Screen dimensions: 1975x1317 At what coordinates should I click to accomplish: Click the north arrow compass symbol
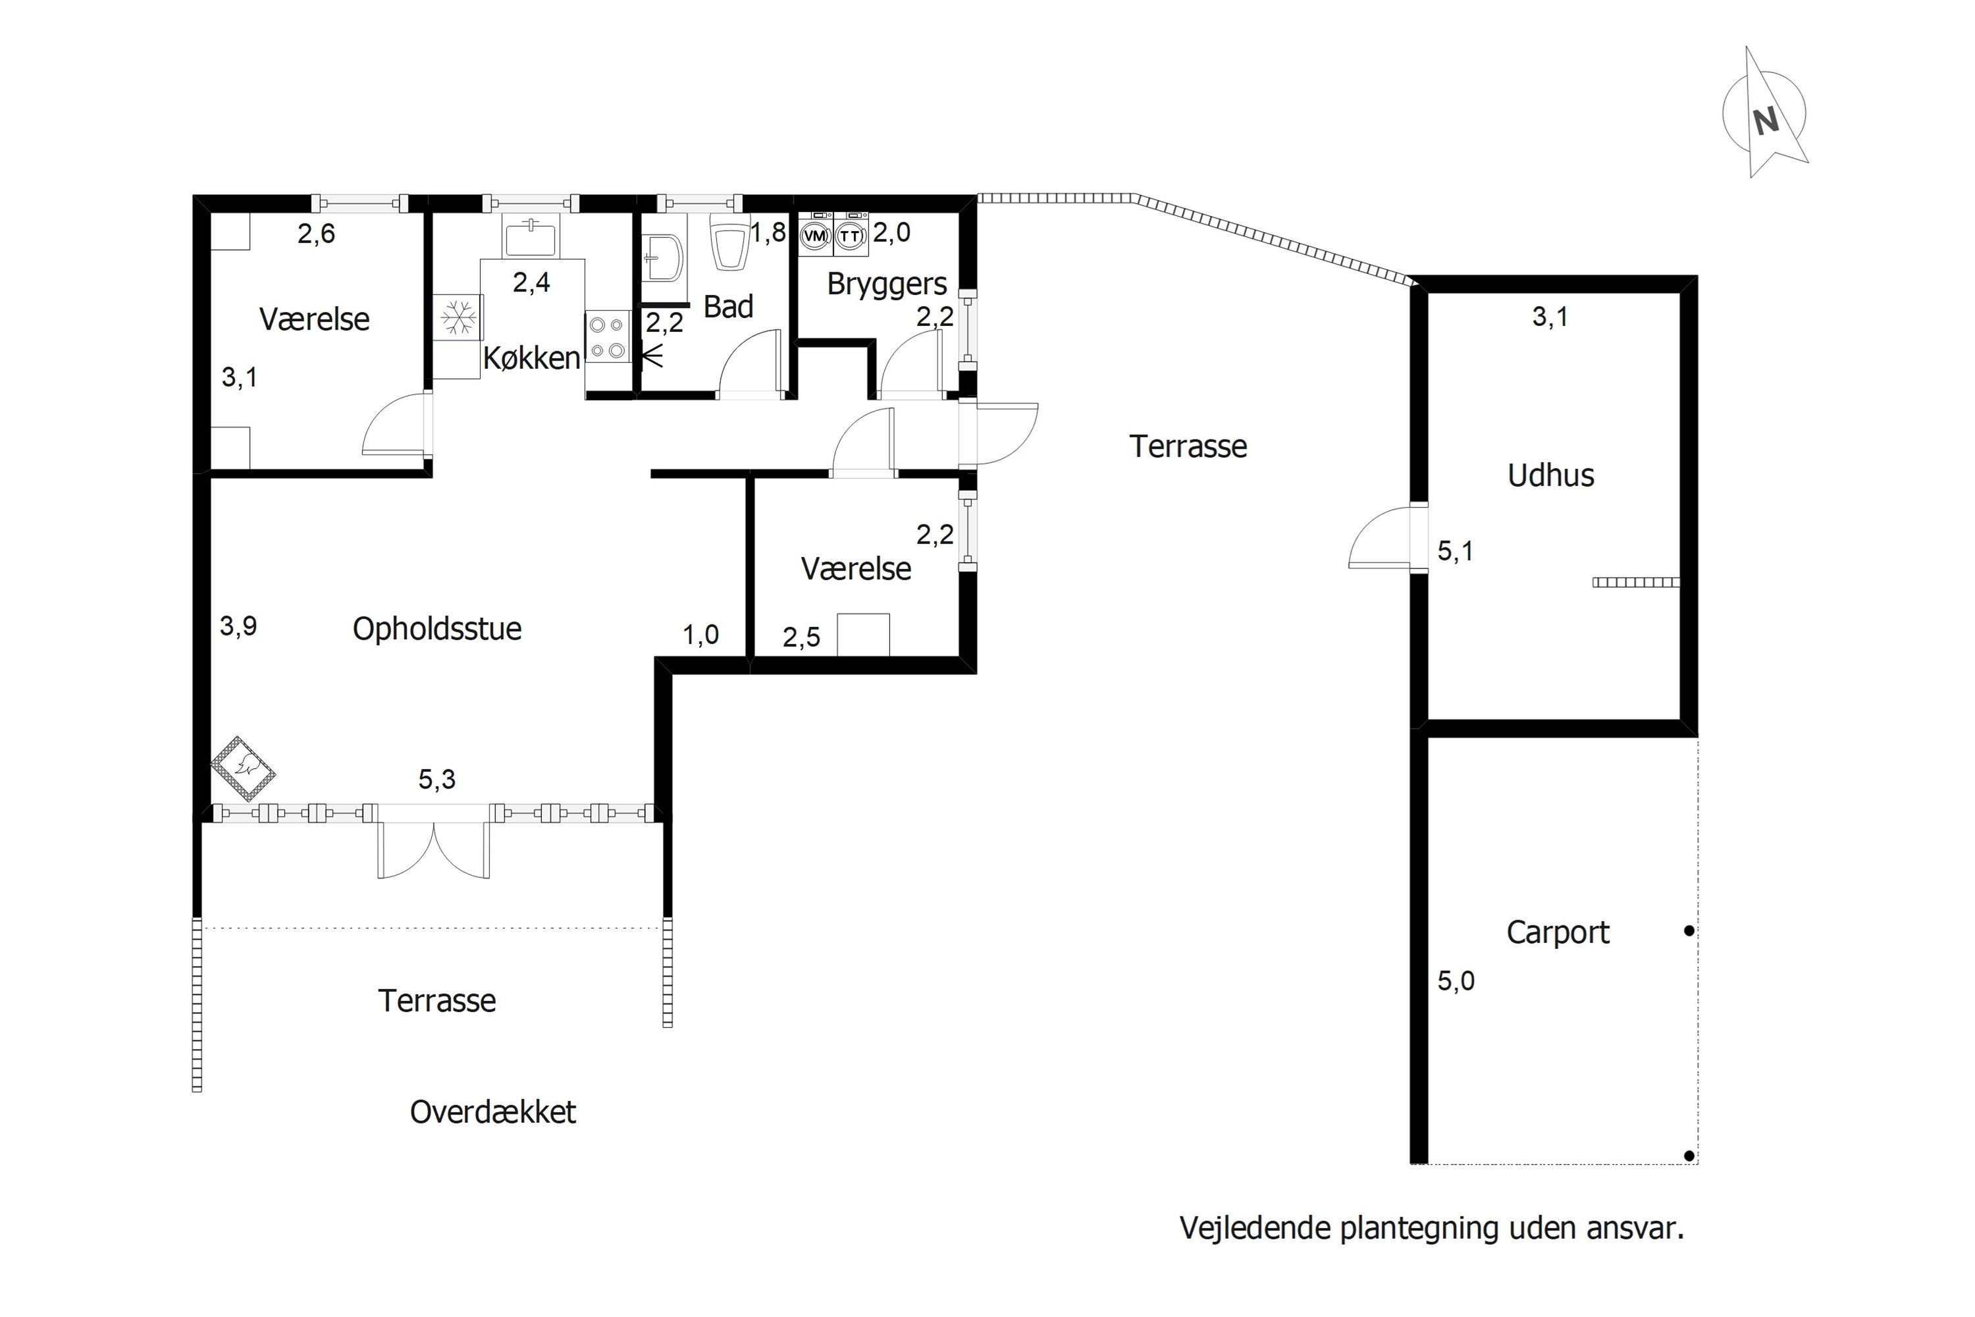click(1764, 113)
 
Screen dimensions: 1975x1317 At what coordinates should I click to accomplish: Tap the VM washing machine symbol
click(814, 234)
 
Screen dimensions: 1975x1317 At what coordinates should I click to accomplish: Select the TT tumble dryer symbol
click(851, 234)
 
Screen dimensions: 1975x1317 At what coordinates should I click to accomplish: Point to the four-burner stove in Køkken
click(608, 336)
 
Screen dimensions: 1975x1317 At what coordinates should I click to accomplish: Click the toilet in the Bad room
click(729, 241)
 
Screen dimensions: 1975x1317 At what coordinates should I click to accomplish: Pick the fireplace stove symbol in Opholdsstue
click(244, 768)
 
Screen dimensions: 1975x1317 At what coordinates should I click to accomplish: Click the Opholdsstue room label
click(436, 629)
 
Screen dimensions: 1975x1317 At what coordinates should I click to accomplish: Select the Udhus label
click(1550, 475)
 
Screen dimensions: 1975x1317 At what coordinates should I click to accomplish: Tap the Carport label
click(1558, 933)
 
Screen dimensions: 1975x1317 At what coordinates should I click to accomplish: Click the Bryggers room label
click(887, 284)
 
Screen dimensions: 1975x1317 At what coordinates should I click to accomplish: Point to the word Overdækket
click(493, 1112)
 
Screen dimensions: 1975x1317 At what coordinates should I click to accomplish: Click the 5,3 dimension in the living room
click(436, 780)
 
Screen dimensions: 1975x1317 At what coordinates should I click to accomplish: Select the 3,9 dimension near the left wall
click(238, 626)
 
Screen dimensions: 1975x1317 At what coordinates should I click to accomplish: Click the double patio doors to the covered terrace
click(433, 848)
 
